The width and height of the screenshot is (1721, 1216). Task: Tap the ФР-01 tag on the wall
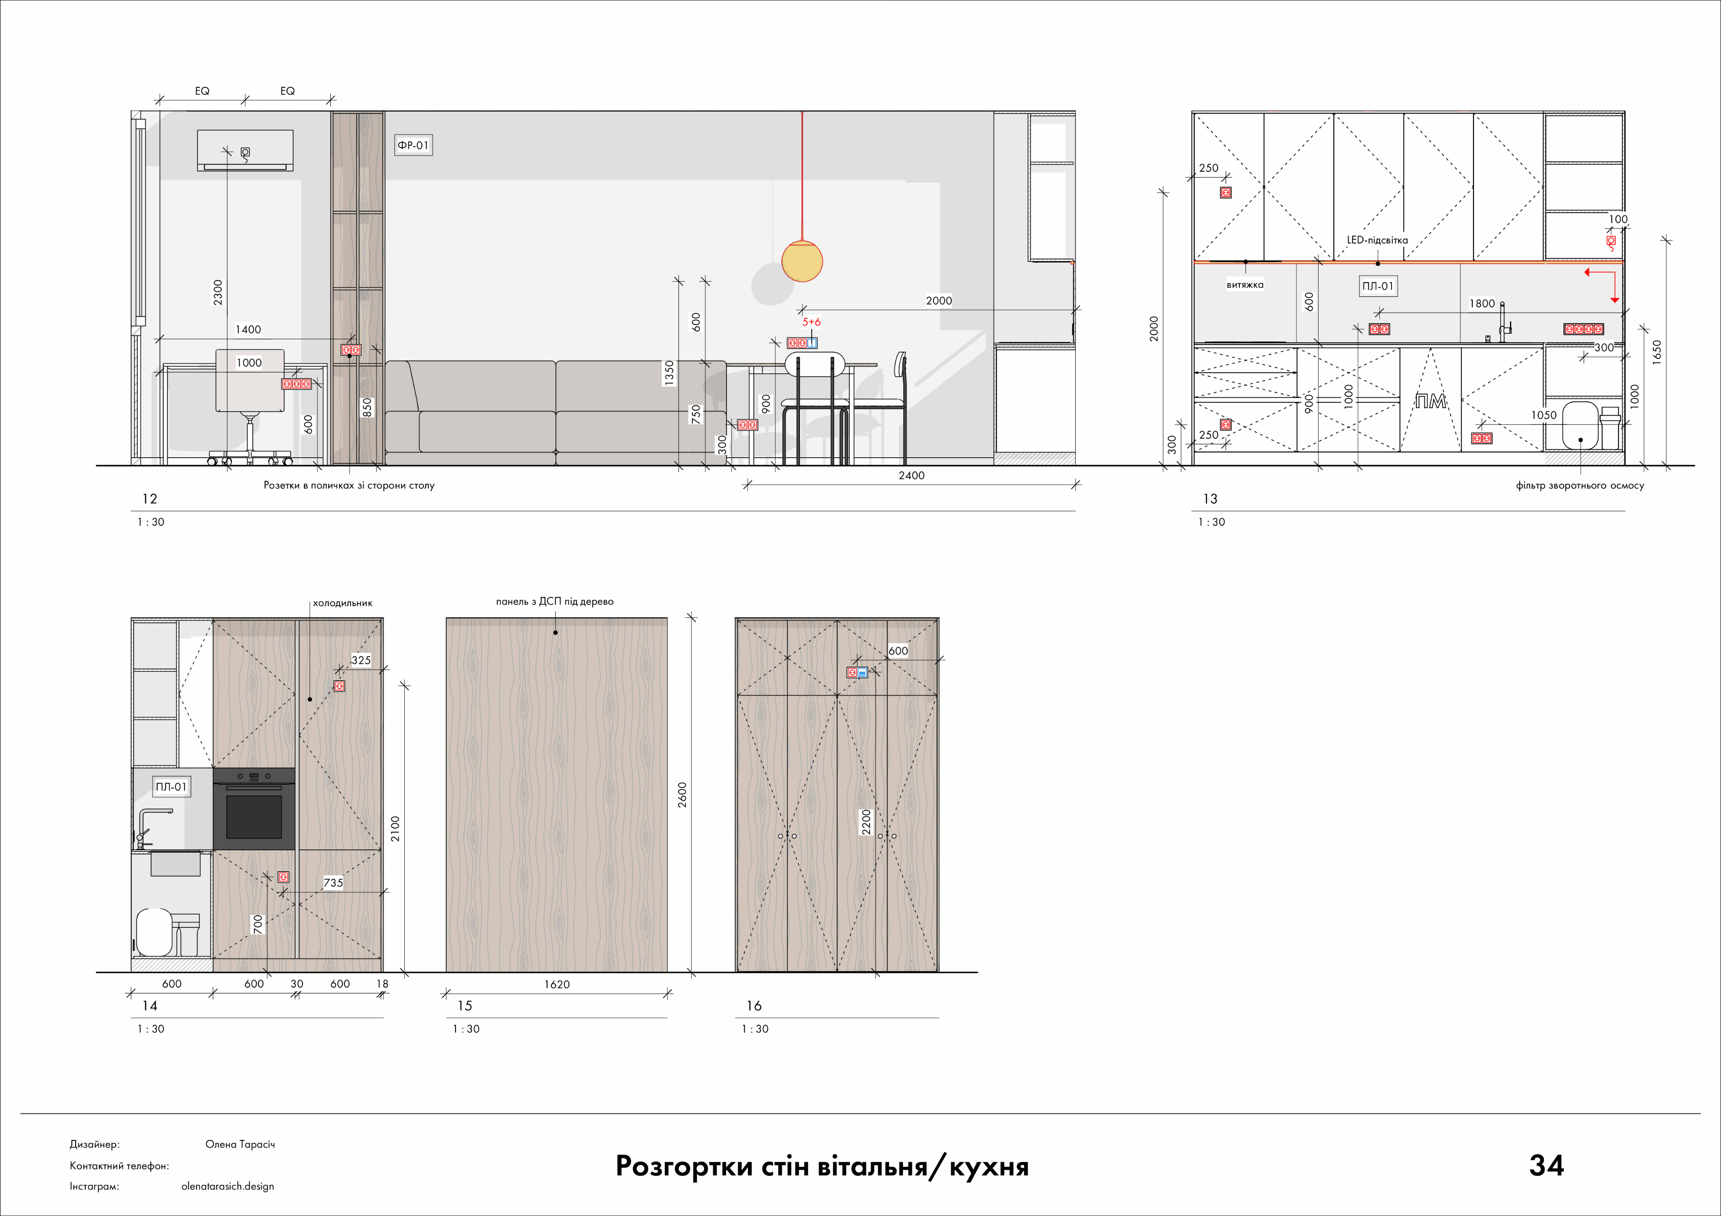pos(413,145)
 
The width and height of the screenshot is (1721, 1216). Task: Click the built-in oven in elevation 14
pos(254,808)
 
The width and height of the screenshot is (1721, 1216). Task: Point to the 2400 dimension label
pos(911,475)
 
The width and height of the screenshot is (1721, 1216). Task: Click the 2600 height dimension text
pos(682,795)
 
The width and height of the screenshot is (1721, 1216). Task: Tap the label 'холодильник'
pos(342,603)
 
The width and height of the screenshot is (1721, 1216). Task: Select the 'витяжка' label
pos(1245,285)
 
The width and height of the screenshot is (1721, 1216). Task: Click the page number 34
pos(1546,1165)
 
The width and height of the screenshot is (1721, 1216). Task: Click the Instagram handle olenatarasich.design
pos(228,1186)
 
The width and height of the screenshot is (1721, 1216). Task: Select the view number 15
pos(465,1006)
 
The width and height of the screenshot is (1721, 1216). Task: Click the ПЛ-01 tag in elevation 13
pos(1378,286)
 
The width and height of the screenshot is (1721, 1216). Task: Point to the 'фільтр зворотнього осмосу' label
pos(1580,485)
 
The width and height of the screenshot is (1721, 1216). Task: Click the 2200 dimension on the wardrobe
pos(866,822)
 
